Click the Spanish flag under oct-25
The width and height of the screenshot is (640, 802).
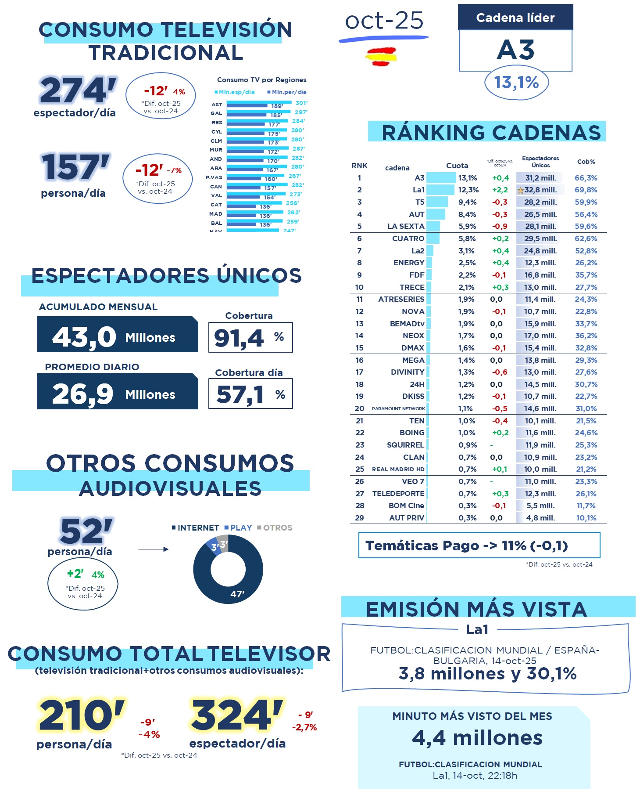point(381,57)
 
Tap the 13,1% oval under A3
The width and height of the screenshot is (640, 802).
point(516,83)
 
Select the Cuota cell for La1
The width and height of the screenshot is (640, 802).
point(468,190)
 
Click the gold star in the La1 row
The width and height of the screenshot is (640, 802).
point(521,191)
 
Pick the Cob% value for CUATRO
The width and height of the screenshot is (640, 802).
point(586,239)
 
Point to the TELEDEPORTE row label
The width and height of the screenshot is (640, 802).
point(398,494)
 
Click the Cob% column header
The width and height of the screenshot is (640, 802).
point(586,162)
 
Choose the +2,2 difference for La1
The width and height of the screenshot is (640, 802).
point(500,190)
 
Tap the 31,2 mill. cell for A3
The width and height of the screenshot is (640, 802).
point(540,178)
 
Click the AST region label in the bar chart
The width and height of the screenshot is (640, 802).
point(217,105)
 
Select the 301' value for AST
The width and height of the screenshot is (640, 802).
point(301,103)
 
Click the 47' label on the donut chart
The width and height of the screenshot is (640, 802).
point(237,594)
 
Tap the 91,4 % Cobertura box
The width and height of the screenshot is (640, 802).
point(250,337)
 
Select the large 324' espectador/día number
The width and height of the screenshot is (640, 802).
point(236,715)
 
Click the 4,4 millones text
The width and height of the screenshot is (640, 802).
point(477,738)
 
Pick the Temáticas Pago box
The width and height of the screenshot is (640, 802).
point(479,545)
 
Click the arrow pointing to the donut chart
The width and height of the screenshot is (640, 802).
point(153,549)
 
